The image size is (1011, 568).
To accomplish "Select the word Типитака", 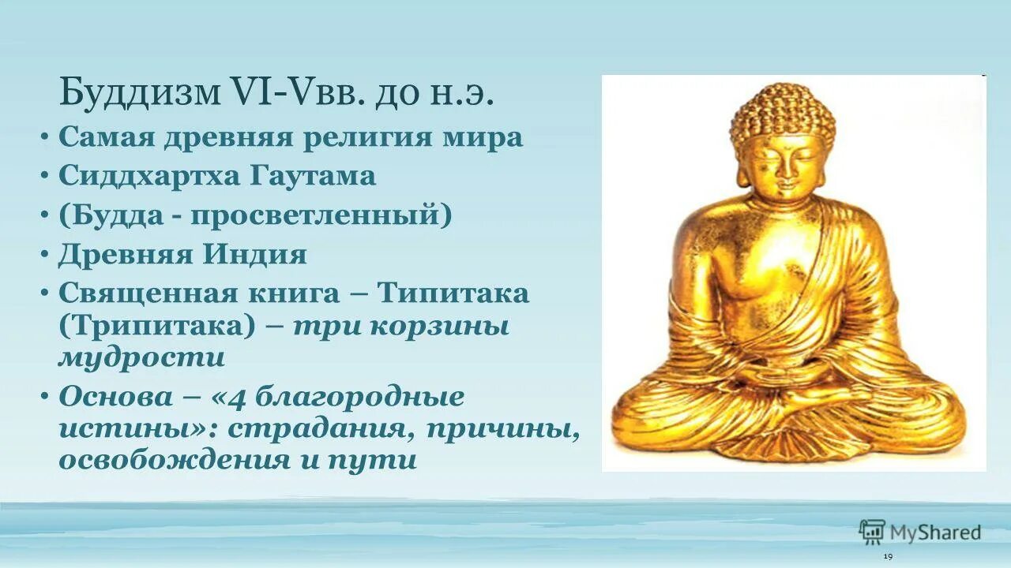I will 453,293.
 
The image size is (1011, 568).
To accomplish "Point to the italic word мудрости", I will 142,357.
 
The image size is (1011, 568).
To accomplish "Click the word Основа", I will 115,396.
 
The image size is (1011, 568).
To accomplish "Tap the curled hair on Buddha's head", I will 782,114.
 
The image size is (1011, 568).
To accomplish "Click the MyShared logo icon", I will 872,532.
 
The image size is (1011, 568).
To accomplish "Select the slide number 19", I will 888,557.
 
